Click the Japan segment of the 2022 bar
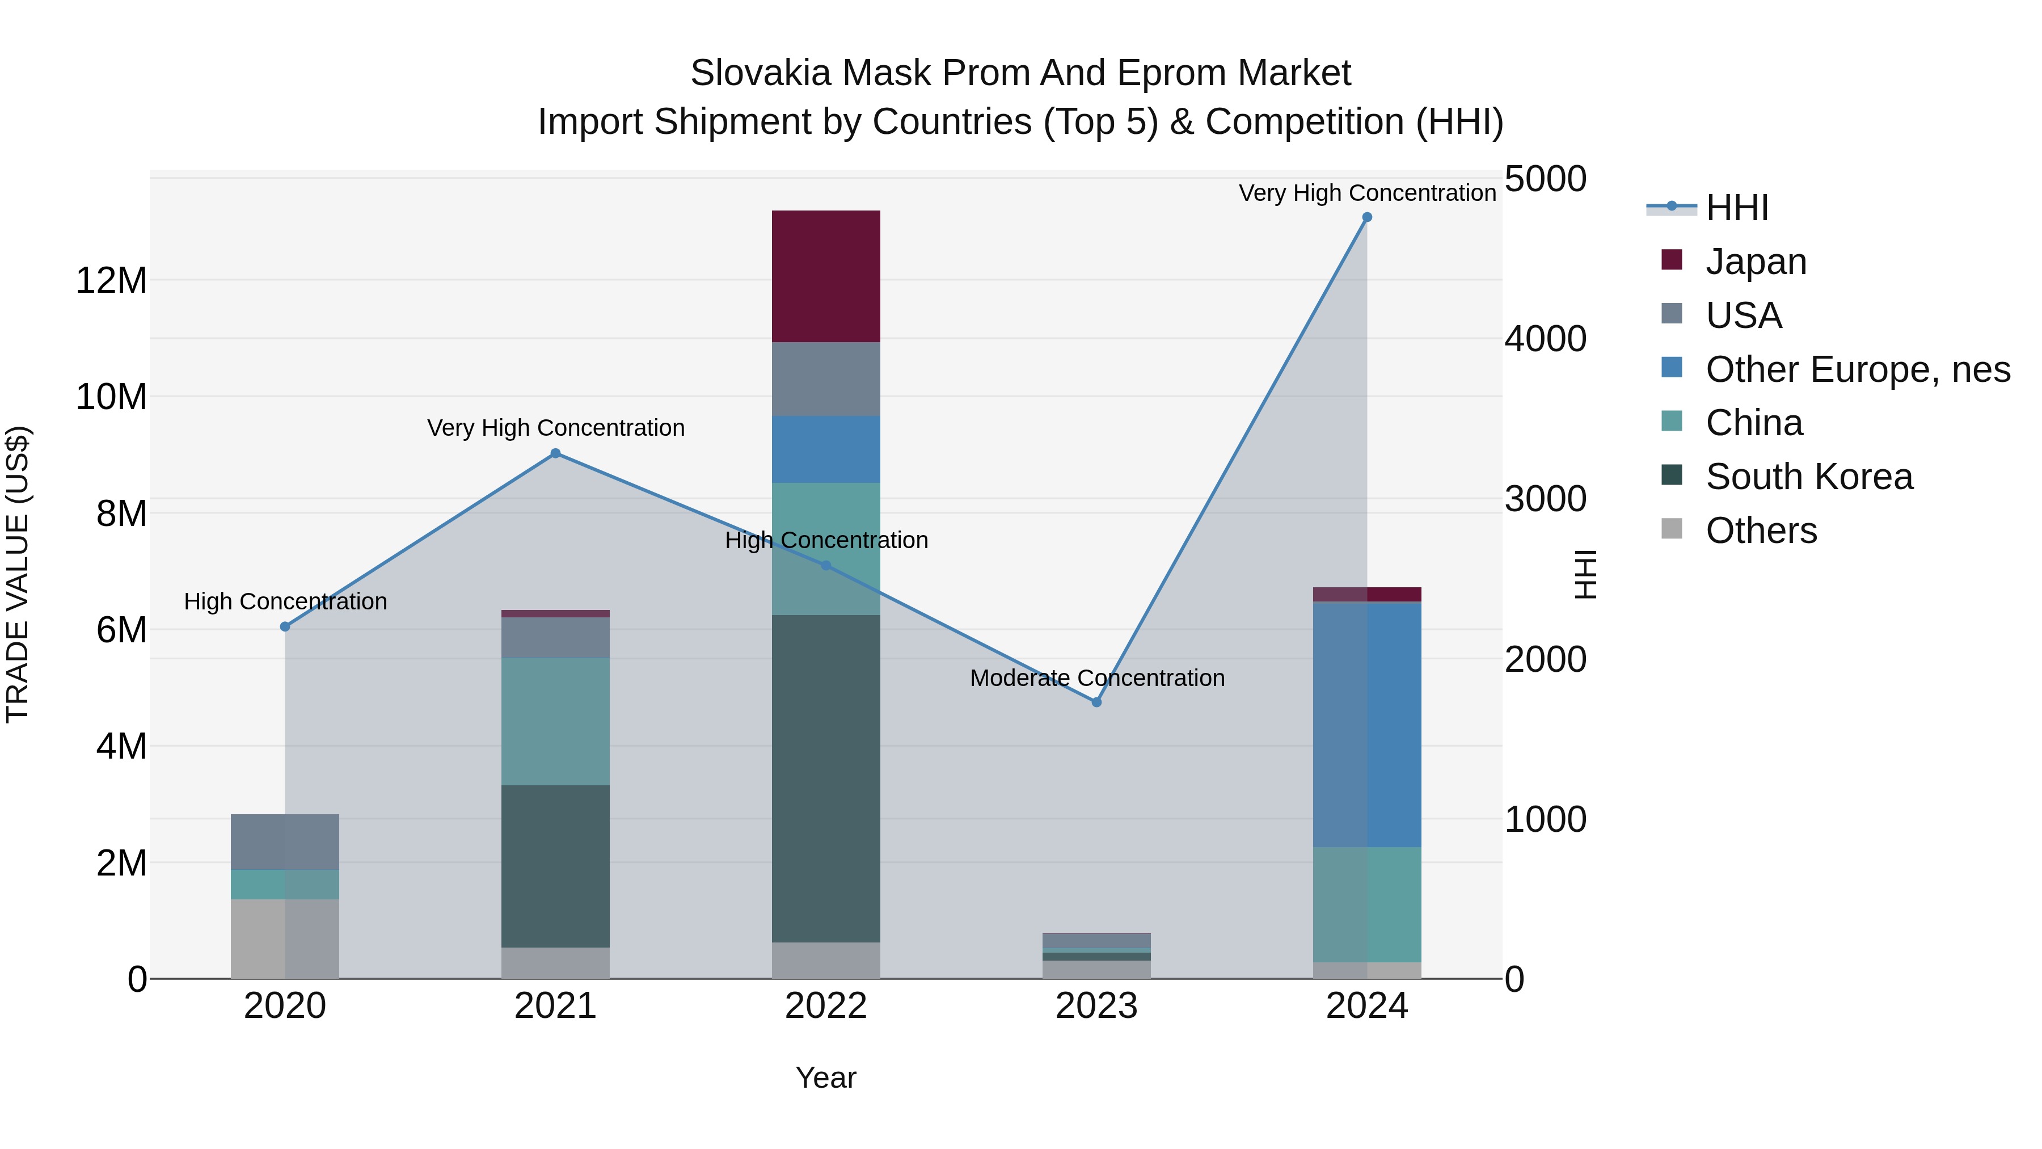[825, 276]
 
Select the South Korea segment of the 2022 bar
[825, 778]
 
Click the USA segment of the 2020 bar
[285, 841]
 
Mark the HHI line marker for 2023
[1096, 702]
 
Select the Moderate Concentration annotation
[1097, 678]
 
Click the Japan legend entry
[1755, 262]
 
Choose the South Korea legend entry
[1808, 477]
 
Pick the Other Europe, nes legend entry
[1857, 369]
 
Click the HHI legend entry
[1736, 208]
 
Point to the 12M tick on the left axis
[111, 281]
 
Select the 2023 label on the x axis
[1096, 1006]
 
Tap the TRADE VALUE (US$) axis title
[18, 574]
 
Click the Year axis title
[825, 1078]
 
